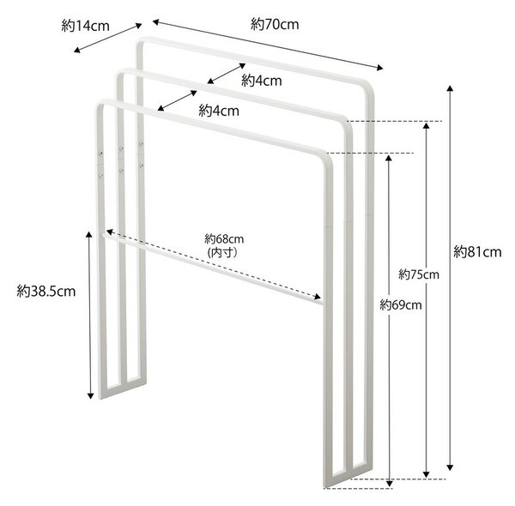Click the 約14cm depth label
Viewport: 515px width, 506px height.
tap(85, 26)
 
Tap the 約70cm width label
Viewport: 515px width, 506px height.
tap(275, 24)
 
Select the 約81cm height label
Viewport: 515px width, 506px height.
tap(477, 252)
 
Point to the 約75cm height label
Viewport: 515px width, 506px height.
tap(419, 274)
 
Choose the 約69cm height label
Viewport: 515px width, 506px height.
tap(401, 304)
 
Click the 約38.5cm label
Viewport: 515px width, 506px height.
tap(46, 291)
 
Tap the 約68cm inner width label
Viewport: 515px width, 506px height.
tap(224, 239)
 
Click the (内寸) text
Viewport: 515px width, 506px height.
tap(222, 253)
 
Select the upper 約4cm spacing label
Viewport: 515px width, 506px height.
tap(262, 81)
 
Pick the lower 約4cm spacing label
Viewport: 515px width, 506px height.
tap(219, 111)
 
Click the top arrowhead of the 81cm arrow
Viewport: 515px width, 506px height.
tap(450, 88)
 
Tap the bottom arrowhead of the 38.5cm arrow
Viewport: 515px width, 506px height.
tap(90, 395)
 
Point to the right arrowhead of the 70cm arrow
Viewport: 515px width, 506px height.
tap(380, 68)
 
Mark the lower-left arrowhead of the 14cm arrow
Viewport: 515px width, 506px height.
tap(77, 51)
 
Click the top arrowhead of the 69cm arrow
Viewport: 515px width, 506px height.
tap(389, 159)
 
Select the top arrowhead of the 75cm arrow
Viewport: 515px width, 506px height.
tap(426, 126)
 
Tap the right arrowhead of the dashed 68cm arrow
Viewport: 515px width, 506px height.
tap(318, 297)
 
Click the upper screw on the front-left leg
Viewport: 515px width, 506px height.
tap(100, 154)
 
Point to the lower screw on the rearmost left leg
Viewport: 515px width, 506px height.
tap(142, 166)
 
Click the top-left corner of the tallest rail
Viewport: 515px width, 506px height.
tap(138, 40)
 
